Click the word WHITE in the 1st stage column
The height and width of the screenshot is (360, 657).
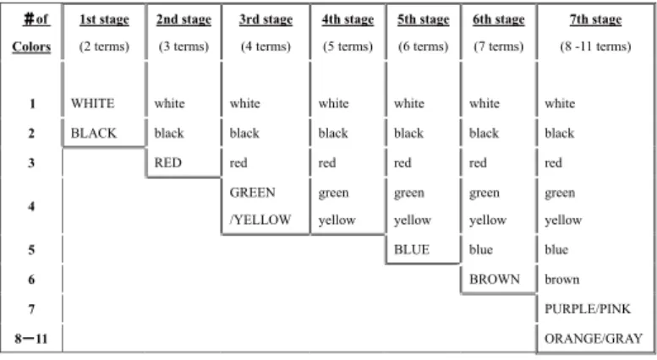93,103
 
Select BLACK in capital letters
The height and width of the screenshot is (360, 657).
94,134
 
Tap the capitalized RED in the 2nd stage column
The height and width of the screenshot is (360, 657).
167,162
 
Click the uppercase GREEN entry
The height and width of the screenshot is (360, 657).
252,193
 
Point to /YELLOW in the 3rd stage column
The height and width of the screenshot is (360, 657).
260,220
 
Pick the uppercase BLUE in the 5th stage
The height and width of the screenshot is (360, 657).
412,249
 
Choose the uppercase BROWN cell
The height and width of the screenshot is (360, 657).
495,279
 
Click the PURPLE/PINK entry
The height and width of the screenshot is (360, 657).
588,309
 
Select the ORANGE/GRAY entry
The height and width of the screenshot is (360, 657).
594,338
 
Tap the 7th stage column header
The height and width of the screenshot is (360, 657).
595,19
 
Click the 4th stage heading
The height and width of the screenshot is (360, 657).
348,19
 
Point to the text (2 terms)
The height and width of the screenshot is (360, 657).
104,46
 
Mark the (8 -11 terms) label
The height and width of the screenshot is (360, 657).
595,46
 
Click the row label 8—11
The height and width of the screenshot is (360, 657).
31,338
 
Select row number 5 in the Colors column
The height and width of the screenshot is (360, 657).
31,250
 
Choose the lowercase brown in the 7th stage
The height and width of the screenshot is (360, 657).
562,279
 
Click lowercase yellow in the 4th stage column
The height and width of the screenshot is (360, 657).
337,220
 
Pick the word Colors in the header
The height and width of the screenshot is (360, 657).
31,46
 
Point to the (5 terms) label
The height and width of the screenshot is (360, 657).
348,46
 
